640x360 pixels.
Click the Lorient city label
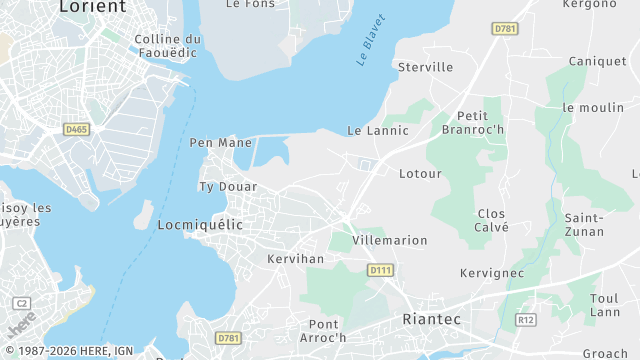[93, 7]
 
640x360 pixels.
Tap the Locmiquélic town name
[200, 225]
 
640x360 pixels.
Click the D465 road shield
[76, 129]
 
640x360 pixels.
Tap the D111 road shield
[380, 270]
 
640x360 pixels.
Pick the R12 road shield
[526, 319]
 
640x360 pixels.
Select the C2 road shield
[22, 303]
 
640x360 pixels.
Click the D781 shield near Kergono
[505, 29]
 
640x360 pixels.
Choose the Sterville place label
[425, 67]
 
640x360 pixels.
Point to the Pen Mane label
[221, 142]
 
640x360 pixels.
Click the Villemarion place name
[391, 240]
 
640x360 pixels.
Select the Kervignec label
[491, 273]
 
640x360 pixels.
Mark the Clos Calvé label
[492, 220]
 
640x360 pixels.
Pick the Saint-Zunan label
[584, 224]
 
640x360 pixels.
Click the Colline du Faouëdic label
[167, 46]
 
